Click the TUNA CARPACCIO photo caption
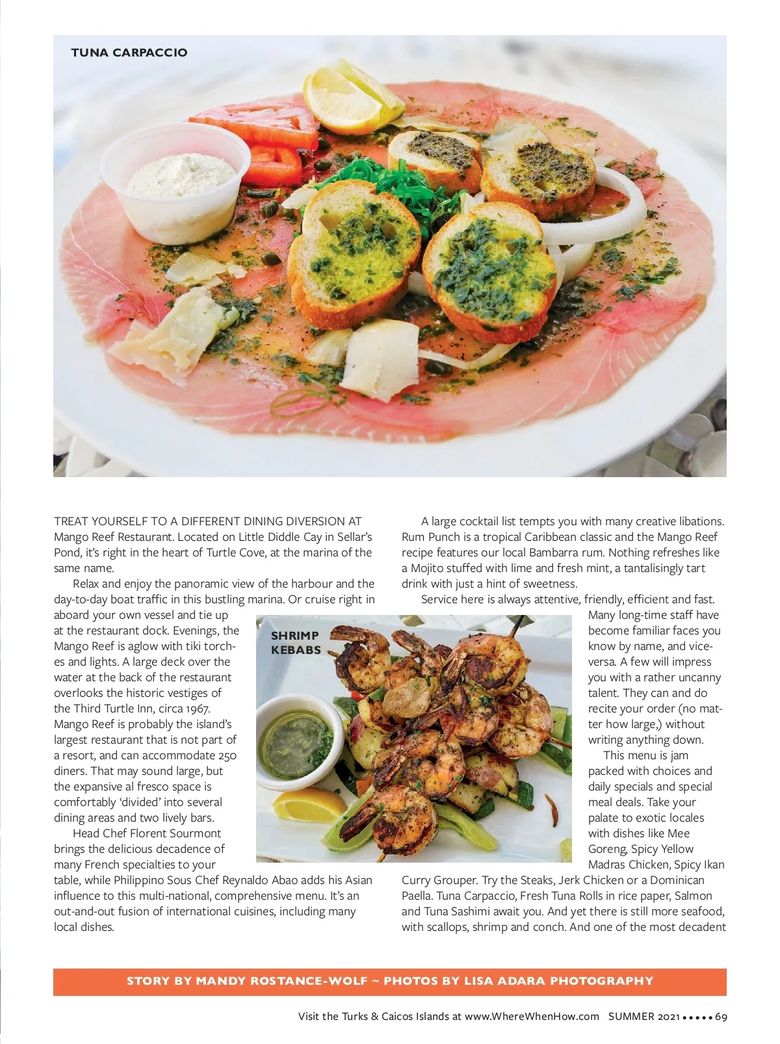(x=129, y=53)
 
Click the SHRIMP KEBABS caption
(x=295, y=642)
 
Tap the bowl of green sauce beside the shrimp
(x=300, y=738)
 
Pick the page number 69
(x=721, y=1017)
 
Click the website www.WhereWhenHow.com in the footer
(x=532, y=1017)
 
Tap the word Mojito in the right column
(x=427, y=568)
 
